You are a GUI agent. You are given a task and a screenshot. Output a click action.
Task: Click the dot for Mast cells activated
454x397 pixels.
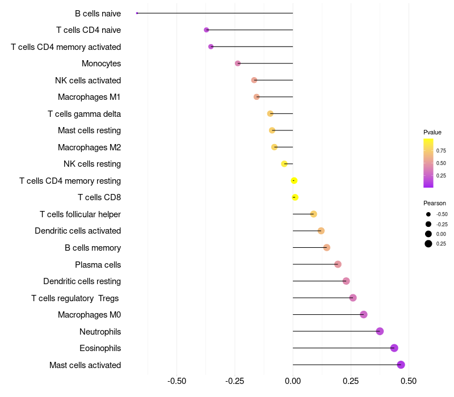(x=401, y=365)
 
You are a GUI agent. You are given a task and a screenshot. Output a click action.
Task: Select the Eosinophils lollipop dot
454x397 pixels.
(x=394, y=348)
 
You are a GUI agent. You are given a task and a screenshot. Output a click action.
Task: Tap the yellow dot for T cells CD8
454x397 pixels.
(x=295, y=197)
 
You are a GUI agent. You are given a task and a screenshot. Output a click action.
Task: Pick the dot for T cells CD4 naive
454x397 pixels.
(x=206, y=29)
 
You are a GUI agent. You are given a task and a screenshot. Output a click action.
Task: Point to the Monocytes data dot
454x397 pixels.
(x=238, y=64)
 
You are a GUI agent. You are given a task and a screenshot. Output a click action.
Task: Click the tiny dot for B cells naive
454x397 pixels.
(x=137, y=13)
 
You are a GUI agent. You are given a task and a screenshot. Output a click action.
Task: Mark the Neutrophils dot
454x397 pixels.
(x=380, y=331)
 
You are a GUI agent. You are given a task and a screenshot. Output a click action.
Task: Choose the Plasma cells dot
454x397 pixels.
(x=338, y=264)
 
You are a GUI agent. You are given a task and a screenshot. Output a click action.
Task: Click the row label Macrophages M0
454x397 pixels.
(x=89, y=315)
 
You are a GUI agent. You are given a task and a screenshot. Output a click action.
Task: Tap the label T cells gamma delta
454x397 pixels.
(x=84, y=114)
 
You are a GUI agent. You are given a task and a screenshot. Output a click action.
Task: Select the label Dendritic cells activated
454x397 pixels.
(x=78, y=231)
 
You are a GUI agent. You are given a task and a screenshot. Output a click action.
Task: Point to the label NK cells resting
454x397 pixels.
(x=92, y=164)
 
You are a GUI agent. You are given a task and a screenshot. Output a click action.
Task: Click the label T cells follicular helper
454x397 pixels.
(x=80, y=214)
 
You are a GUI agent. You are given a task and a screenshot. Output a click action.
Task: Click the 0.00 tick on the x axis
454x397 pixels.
(x=293, y=381)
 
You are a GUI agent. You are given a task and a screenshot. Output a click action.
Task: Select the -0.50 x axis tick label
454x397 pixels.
(x=176, y=381)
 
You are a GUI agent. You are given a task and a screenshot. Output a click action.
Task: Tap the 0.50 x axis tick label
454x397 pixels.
(x=409, y=381)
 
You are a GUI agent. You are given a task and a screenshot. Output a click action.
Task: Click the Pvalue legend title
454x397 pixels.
(x=432, y=132)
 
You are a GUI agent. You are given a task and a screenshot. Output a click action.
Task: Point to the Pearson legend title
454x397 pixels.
(x=435, y=203)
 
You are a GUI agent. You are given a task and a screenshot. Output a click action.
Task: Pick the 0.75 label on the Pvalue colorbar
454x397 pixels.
(x=441, y=151)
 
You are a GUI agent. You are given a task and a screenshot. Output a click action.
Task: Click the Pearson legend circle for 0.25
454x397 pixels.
(x=428, y=244)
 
